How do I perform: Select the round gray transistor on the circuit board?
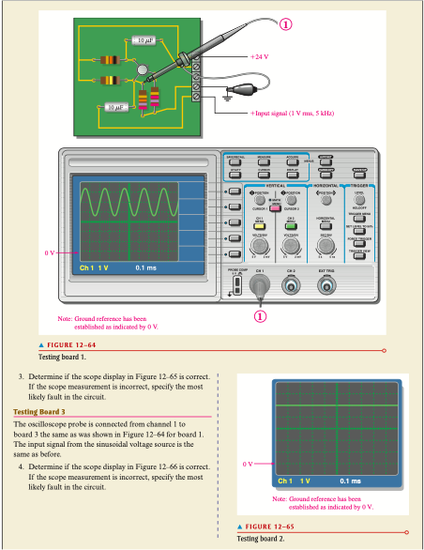click(x=142, y=70)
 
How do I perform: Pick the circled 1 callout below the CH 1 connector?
click(x=261, y=315)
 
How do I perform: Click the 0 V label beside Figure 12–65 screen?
click(x=248, y=463)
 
